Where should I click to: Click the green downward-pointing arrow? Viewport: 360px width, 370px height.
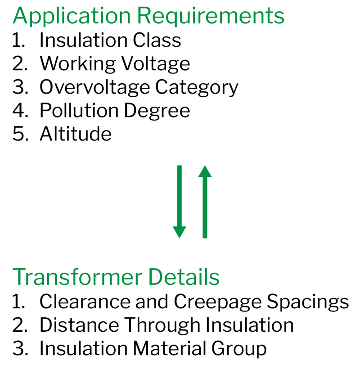click(179, 202)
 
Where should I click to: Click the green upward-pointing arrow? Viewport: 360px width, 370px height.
click(205, 202)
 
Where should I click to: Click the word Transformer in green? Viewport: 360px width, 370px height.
click(77, 276)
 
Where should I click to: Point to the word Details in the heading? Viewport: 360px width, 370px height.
click(184, 276)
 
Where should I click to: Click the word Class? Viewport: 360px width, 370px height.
click(157, 40)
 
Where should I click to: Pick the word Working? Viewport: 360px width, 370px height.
click(78, 64)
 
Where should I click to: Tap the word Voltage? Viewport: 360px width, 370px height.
click(156, 64)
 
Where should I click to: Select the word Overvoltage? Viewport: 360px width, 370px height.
click(95, 87)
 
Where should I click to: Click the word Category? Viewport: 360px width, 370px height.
click(197, 87)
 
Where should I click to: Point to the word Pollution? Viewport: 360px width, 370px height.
click(79, 110)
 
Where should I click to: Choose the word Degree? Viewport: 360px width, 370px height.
click(157, 111)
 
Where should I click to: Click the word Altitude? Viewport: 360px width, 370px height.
click(76, 134)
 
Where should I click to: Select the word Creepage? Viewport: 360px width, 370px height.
click(218, 302)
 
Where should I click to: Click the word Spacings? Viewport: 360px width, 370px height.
click(308, 302)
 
